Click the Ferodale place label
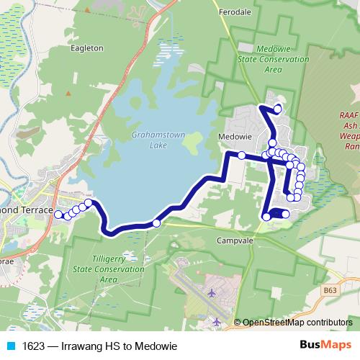pos(236,12)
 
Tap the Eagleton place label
pos(88,48)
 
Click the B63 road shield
pos(330,290)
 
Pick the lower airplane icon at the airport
pos(217,321)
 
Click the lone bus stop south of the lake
pos(156,223)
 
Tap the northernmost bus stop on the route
pos(277,109)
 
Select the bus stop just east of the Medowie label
pos(242,156)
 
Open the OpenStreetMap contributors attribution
pos(297,323)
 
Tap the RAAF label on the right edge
pos(349,114)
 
